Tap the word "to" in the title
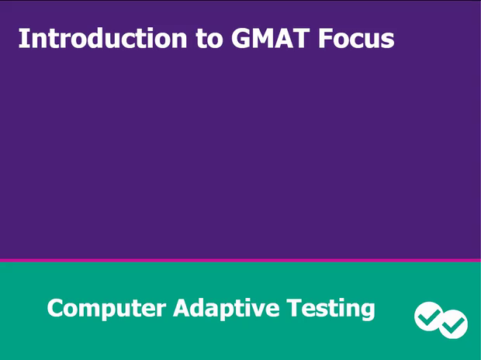pyautogui.click(x=209, y=39)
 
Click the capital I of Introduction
pyautogui.click(x=22, y=38)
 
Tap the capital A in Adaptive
pyautogui.click(x=181, y=308)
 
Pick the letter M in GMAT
pyautogui.click(x=262, y=38)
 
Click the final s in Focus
pyautogui.click(x=387, y=40)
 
